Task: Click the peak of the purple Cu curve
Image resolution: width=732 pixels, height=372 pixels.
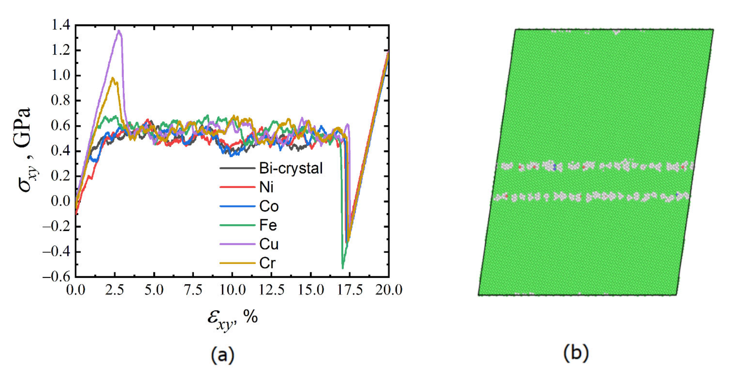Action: tap(119, 31)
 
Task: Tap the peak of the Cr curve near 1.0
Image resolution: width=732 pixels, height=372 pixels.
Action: tap(113, 78)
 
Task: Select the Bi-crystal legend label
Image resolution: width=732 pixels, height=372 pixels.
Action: tap(291, 168)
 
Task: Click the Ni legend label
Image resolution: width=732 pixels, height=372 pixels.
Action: tap(266, 187)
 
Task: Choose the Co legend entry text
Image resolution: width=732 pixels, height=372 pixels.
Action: tap(269, 206)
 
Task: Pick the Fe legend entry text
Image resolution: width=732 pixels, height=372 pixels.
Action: tap(268, 225)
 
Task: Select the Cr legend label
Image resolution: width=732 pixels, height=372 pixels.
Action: tap(267, 263)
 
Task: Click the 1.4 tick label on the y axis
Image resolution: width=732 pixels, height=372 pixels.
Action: tap(60, 25)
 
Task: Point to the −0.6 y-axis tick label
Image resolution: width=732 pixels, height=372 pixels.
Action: tap(56, 277)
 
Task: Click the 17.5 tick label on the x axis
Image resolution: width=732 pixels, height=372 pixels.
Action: tap(350, 290)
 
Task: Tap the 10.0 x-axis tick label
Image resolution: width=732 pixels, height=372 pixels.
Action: tap(232, 290)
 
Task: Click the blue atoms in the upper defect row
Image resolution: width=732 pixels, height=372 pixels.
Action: tap(555, 167)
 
